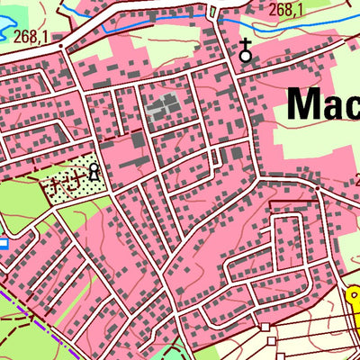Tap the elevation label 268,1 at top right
[286, 9]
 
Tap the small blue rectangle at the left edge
[3, 242]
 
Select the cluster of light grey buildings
[163, 107]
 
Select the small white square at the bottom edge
[265, 325]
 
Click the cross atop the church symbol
[245, 44]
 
